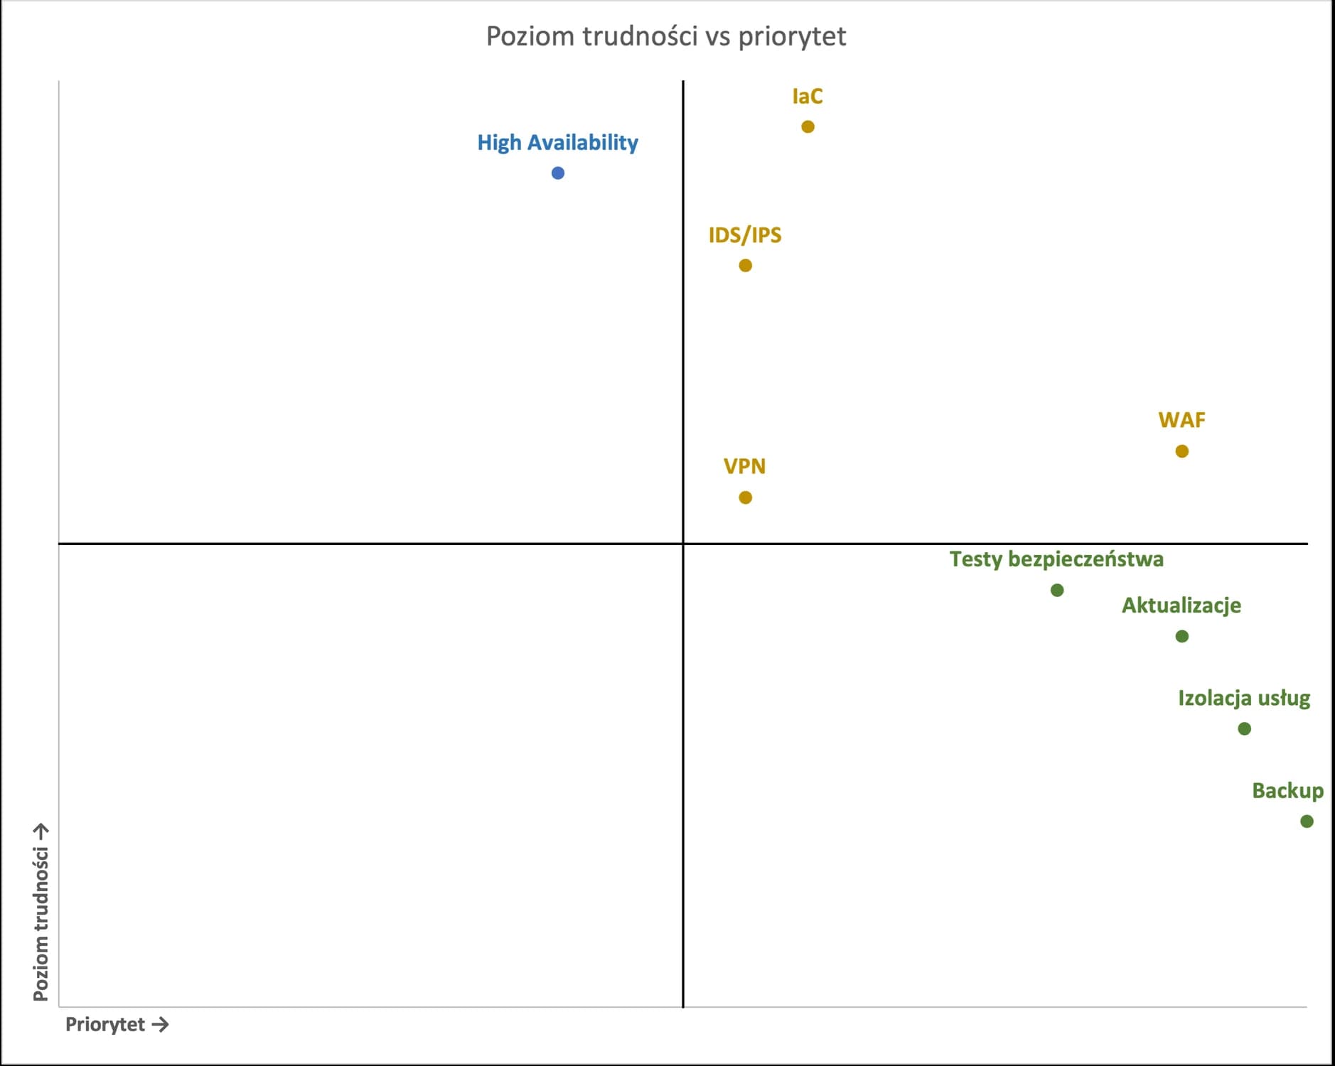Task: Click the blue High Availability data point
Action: click(x=558, y=173)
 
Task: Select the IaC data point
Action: click(x=808, y=126)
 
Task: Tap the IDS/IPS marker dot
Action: click(x=745, y=265)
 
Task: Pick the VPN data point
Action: click(x=745, y=497)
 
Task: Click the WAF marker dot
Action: click(x=1181, y=451)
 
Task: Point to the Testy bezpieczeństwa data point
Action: click(x=1057, y=590)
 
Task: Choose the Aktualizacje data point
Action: click(x=1181, y=636)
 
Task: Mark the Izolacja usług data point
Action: click(x=1244, y=728)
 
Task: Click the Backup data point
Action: click(x=1307, y=821)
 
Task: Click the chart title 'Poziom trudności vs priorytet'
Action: click(x=666, y=36)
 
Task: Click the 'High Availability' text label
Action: click(x=557, y=143)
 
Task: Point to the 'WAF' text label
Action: click(x=1181, y=420)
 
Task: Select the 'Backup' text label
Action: click(x=1287, y=791)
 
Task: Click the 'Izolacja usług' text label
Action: click(x=1244, y=698)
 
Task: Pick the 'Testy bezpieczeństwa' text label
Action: click(x=1056, y=559)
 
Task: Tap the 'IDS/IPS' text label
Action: click(x=745, y=235)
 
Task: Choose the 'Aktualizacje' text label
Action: click(x=1181, y=605)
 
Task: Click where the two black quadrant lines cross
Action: click(x=683, y=544)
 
